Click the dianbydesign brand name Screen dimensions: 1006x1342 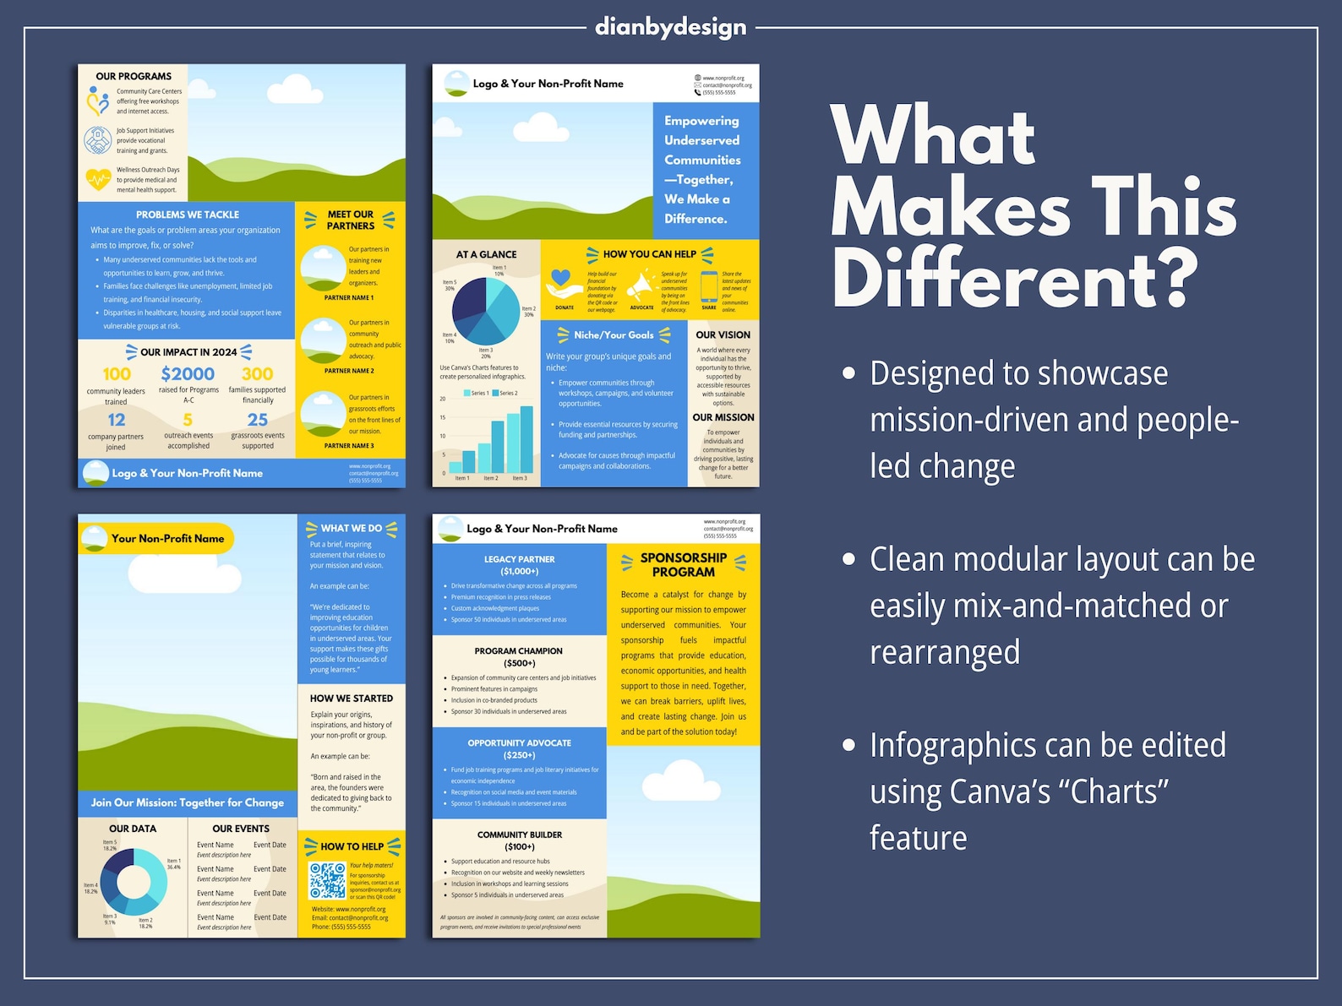pyautogui.click(x=670, y=27)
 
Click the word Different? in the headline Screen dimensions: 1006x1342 pyautogui.click(x=1014, y=279)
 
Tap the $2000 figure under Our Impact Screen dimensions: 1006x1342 pyautogui.click(x=188, y=374)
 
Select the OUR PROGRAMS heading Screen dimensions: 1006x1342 pyautogui.click(x=134, y=76)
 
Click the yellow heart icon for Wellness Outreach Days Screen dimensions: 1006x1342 pyautogui.click(x=98, y=179)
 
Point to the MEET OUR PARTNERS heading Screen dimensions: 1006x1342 pyautogui.click(x=350, y=220)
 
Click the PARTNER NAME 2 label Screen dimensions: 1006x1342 pyautogui.click(x=349, y=371)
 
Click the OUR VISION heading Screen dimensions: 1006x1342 pyautogui.click(x=723, y=335)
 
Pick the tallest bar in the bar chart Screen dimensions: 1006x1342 pyautogui.click(x=526, y=439)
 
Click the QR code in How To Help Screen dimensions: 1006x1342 pyautogui.click(x=327, y=880)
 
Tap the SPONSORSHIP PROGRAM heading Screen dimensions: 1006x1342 pyautogui.click(x=684, y=564)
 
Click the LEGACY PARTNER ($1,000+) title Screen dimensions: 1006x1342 pyautogui.click(x=519, y=565)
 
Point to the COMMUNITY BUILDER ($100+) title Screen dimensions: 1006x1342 pyautogui.click(x=519, y=840)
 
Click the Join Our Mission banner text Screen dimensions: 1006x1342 pyautogui.click(x=188, y=802)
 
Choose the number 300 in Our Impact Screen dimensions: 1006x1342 pyautogui.click(x=257, y=374)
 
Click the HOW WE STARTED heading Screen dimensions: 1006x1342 pyautogui.click(x=351, y=699)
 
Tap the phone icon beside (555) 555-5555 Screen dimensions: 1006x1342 pyautogui.click(x=697, y=92)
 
